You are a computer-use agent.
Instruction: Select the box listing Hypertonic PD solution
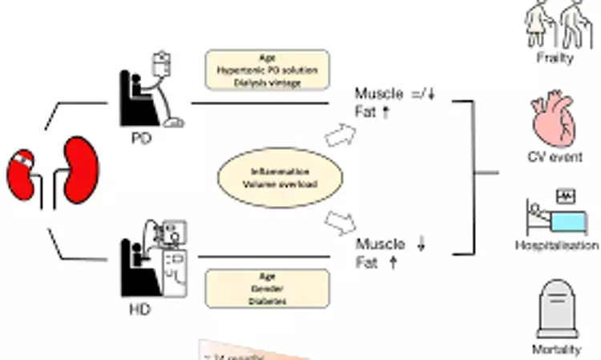[268, 70]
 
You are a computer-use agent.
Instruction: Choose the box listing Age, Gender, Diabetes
[268, 288]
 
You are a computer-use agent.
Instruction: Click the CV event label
[555, 157]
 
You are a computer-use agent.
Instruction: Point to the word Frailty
[554, 59]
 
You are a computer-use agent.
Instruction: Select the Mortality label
[555, 350]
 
